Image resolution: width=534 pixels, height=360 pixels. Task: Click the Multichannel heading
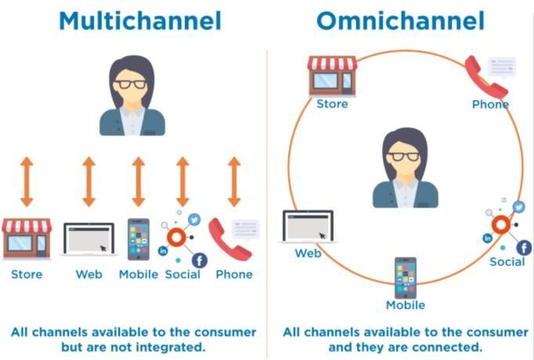click(x=133, y=20)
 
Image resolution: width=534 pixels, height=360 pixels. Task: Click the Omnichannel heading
click(x=401, y=20)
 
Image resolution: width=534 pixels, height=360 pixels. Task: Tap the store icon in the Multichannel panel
click(x=27, y=238)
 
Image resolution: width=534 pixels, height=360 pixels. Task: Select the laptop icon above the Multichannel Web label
click(x=88, y=239)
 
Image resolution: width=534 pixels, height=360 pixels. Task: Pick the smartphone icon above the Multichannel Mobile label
click(x=138, y=239)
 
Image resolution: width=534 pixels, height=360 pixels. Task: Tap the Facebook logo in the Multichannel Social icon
click(x=199, y=260)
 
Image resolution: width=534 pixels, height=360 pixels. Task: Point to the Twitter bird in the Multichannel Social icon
click(x=194, y=221)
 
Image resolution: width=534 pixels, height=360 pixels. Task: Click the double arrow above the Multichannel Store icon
click(x=27, y=181)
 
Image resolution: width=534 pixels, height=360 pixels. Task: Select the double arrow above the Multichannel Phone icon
click(x=233, y=181)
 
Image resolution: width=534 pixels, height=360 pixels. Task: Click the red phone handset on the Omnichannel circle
click(x=482, y=77)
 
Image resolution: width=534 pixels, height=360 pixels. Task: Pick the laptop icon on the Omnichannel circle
click(x=308, y=228)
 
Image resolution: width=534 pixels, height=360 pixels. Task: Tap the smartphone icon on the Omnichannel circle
click(x=405, y=277)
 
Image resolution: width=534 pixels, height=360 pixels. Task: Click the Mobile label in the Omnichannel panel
click(x=405, y=305)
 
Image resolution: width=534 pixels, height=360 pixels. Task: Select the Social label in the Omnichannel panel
click(x=507, y=261)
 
